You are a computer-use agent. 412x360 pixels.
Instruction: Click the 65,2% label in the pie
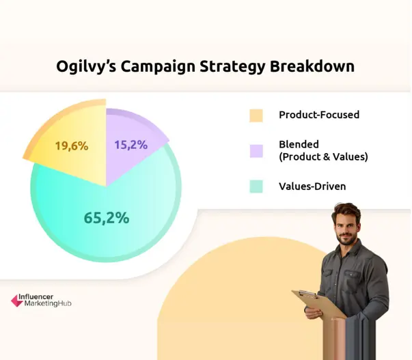click(106, 218)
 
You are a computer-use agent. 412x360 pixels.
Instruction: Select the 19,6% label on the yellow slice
click(71, 146)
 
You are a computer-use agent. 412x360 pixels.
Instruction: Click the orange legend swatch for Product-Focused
click(256, 115)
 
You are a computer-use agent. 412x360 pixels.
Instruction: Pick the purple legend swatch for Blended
click(256, 150)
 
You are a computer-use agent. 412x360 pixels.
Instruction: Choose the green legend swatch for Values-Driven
click(256, 186)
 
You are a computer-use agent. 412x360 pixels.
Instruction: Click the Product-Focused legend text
click(318, 115)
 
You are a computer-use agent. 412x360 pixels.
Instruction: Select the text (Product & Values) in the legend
click(323, 157)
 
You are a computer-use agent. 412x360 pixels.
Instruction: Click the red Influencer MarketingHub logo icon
click(16, 299)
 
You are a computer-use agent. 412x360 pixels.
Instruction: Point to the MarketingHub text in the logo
click(47, 303)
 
